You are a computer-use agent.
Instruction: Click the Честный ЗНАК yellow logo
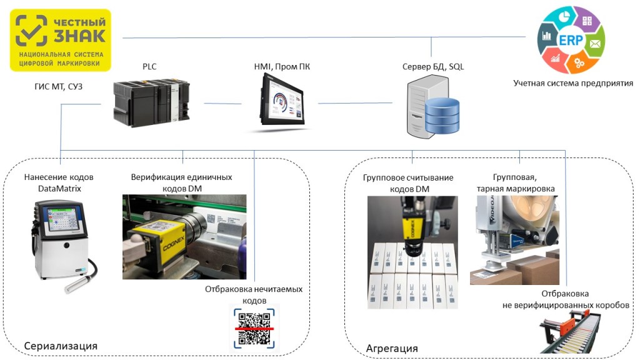(61, 39)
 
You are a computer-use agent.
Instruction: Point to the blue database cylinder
(442, 116)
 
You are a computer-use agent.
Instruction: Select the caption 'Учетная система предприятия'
(572, 82)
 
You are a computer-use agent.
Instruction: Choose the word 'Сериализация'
(61, 346)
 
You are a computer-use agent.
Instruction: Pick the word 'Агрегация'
(391, 347)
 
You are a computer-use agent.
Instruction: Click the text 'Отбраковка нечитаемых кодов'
(254, 294)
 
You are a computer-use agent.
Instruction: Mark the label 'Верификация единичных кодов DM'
(181, 182)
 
